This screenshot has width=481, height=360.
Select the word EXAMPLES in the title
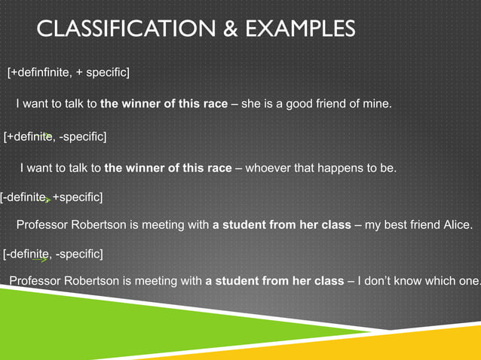click(299, 29)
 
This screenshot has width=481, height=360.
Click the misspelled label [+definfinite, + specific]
click(69, 72)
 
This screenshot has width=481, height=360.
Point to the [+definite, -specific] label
click(55, 136)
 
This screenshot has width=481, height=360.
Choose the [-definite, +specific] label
click(52, 197)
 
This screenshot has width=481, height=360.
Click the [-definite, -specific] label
click(54, 253)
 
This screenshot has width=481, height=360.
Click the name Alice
click(453, 225)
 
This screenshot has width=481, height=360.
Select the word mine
click(378, 104)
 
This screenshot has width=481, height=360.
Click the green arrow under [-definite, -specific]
click(41, 259)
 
